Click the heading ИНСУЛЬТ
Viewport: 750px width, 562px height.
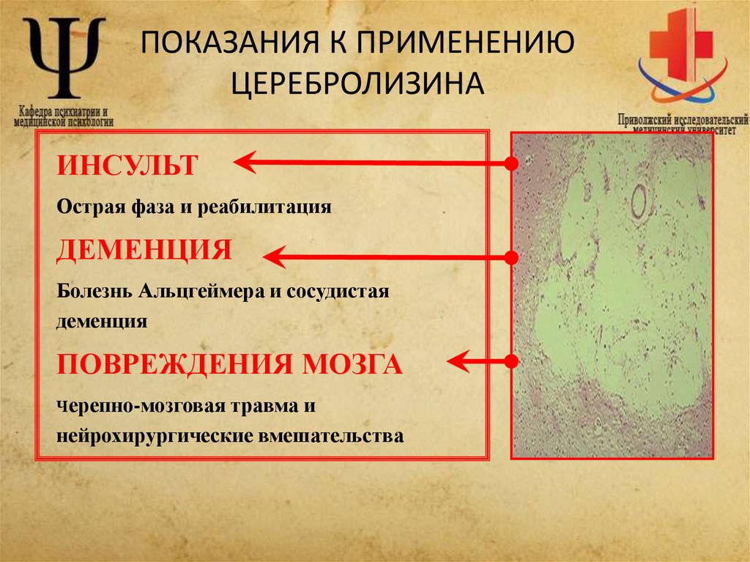[x=127, y=164]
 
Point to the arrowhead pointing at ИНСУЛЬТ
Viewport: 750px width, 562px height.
[x=245, y=163]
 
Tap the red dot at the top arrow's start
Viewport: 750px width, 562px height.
[x=512, y=163]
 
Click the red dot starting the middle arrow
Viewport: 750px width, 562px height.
[x=512, y=257]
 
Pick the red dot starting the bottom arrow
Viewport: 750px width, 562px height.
[x=512, y=361]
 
